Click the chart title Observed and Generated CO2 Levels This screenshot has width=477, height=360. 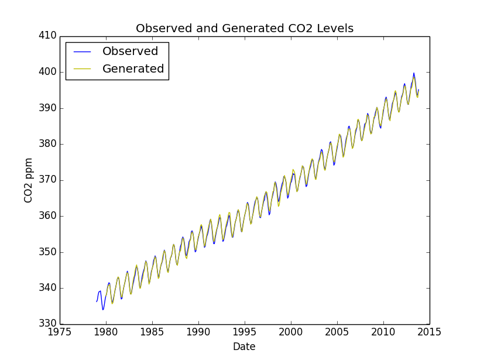[x=245, y=29]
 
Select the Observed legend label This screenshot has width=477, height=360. [x=130, y=52]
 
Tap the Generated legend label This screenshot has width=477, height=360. [x=133, y=69]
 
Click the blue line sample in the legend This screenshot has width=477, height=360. [x=83, y=52]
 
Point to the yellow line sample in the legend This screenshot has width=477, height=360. [x=83, y=69]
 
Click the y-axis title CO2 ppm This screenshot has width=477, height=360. [x=29, y=180]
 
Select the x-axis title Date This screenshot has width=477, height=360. [x=244, y=347]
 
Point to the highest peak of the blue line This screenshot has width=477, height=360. [x=414, y=73]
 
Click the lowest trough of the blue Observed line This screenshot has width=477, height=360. [x=103, y=310]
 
